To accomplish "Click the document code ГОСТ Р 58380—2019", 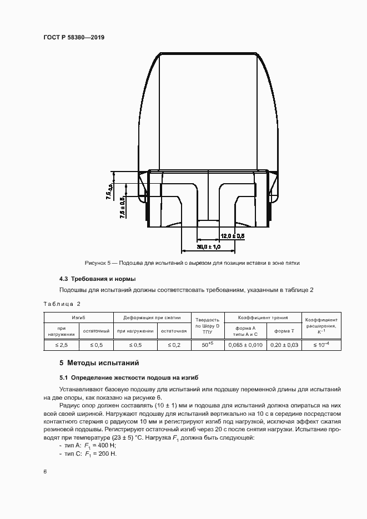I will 74,37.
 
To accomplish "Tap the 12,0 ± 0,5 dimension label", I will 232,236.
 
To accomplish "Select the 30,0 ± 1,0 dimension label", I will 209,246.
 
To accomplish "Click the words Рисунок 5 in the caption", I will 97,263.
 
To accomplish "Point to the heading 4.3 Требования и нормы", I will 97,279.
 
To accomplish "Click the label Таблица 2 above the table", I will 62,304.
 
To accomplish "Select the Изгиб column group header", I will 78,318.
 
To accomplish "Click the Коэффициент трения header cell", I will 263,318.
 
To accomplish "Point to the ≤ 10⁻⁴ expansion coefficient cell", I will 321,345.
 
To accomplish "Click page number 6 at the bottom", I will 45,471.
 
